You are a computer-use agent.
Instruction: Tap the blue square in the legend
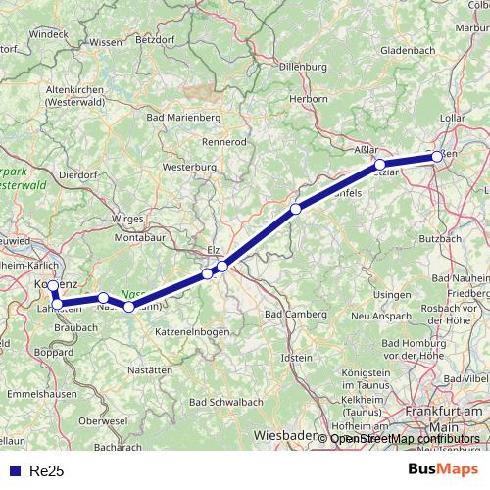(13, 471)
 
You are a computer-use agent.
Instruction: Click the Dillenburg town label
(303, 68)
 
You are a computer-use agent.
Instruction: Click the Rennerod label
(224, 142)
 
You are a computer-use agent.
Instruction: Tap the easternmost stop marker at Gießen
(435, 157)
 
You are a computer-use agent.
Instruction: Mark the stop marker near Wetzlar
(380, 165)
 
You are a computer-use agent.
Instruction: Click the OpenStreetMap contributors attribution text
(406, 438)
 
